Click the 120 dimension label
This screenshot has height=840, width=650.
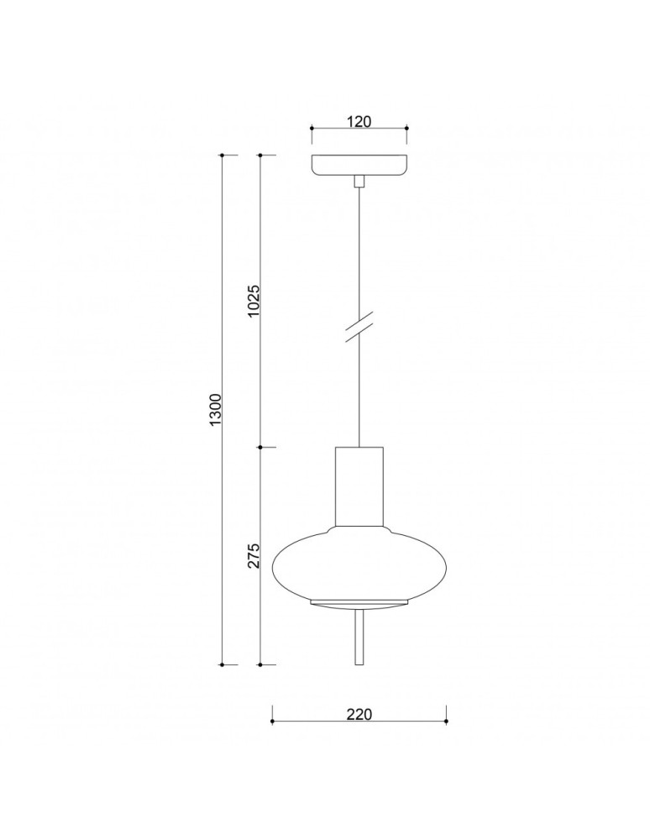pos(359,121)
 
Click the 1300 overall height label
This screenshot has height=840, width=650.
pos(215,410)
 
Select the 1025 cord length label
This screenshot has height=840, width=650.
pos(254,300)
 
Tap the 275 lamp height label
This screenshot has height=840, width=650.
pos(254,555)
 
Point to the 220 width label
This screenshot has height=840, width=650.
pos(359,714)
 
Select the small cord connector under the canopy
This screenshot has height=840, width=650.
pos(359,181)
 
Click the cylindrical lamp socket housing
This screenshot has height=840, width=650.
pos(359,486)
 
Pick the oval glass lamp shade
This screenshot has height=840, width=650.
pos(359,563)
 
